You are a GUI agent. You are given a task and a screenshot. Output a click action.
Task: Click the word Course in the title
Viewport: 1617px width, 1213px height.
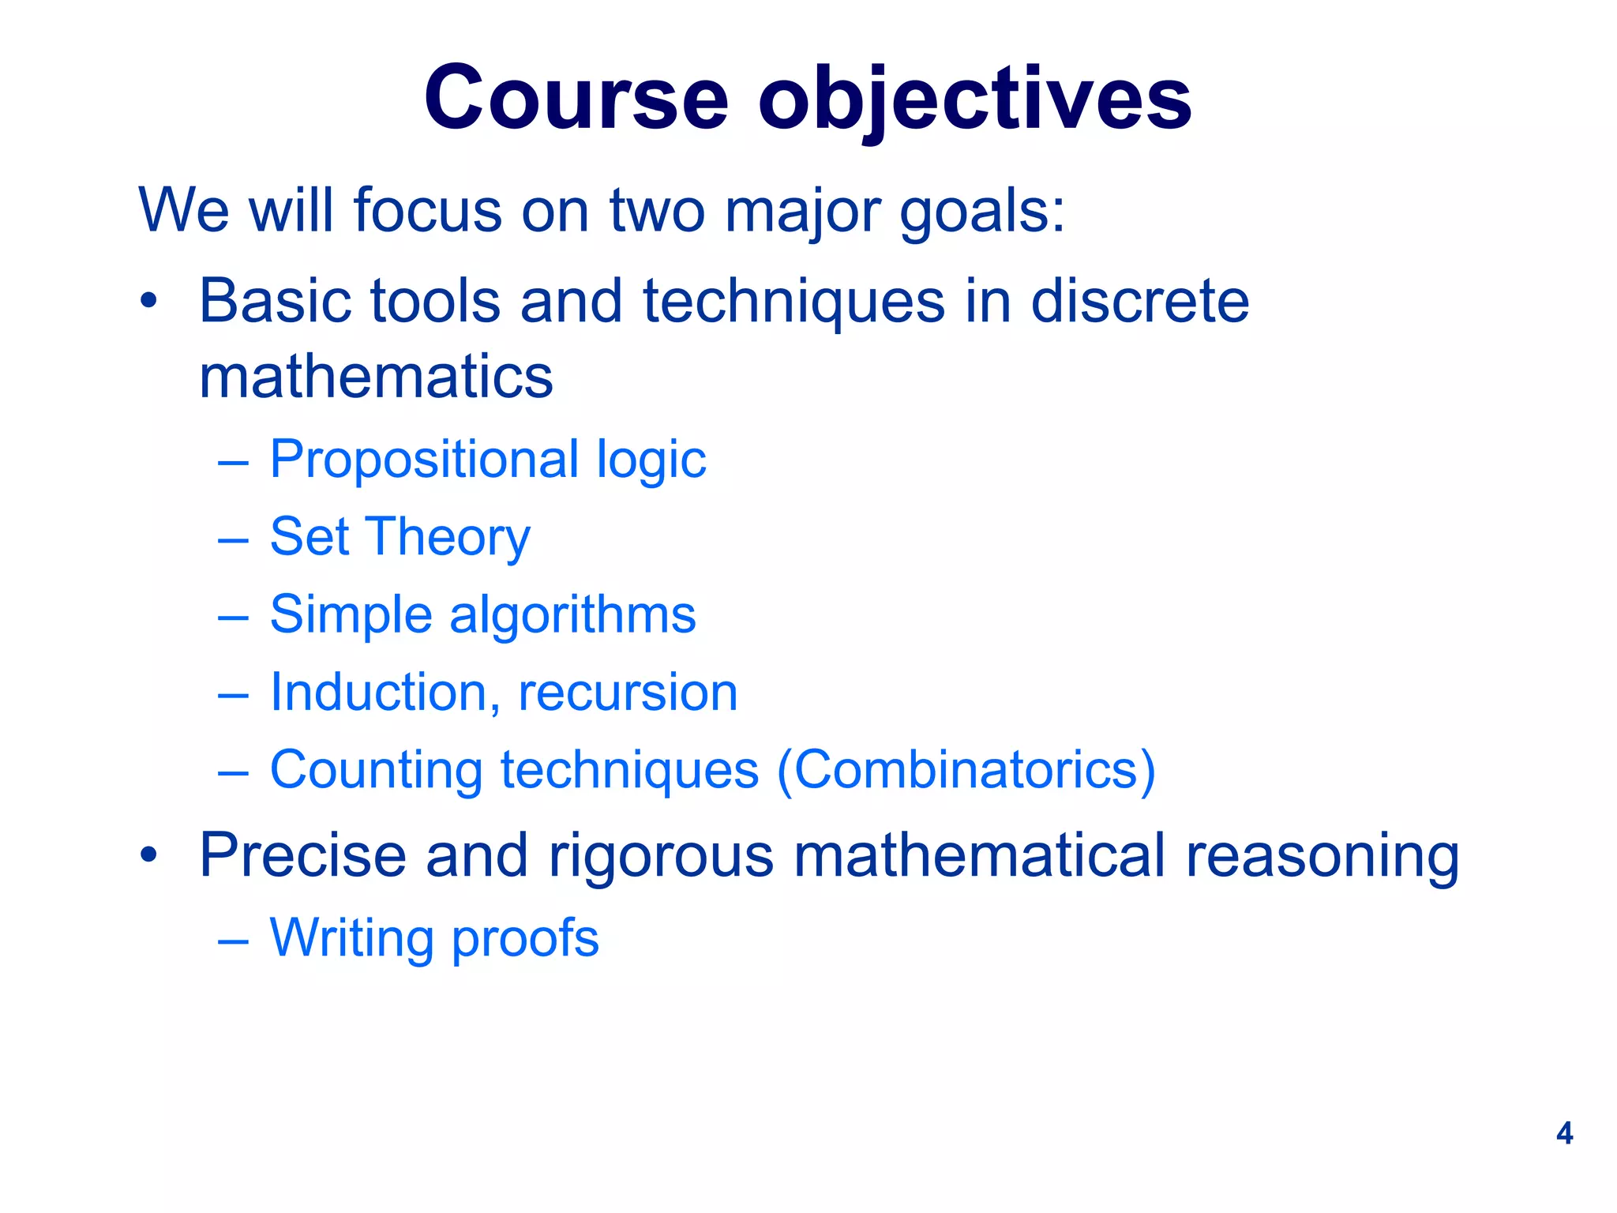tap(576, 99)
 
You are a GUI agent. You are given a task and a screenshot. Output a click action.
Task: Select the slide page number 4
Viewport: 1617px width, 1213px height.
tap(1564, 1133)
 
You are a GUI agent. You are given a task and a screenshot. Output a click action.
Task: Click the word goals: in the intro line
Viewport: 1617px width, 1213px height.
tap(983, 212)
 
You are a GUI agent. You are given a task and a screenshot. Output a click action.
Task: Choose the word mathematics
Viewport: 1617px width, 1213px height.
tap(376, 377)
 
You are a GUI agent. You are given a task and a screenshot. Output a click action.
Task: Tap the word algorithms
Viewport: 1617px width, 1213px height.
tap(572, 614)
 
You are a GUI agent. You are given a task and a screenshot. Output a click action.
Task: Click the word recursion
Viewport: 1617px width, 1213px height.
tap(628, 693)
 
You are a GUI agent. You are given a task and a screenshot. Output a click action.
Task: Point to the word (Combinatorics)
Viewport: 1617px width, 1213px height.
tap(966, 770)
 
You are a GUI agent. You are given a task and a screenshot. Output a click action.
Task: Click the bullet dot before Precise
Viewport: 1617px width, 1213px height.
tap(149, 854)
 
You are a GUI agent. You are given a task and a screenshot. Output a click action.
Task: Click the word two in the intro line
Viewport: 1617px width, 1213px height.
tap(657, 212)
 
